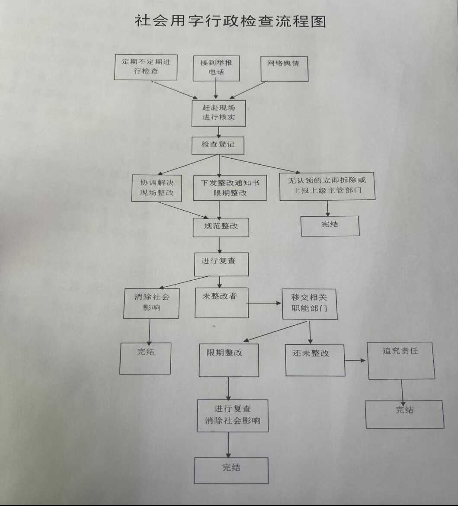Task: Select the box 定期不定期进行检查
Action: click(x=146, y=67)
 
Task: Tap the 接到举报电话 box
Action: click(x=216, y=68)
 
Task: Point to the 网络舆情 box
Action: click(x=284, y=68)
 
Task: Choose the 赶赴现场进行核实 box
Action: click(x=219, y=113)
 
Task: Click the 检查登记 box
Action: click(x=218, y=145)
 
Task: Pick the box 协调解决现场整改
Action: click(x=157, y=188)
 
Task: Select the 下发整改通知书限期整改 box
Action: click(x=230, y=188)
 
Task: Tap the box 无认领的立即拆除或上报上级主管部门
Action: click(x=327, y=186)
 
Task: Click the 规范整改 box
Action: click(x=221, y=226)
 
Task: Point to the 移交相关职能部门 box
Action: click(x=310, y=304)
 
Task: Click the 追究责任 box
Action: click(x=401, y=360)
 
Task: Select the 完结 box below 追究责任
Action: click(x=405, y=414)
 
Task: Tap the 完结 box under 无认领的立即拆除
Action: click(x=330, y=225)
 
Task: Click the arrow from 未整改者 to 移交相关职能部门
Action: click(x=265, y=303)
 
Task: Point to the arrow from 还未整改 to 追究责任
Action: click(x=356, y=360)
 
